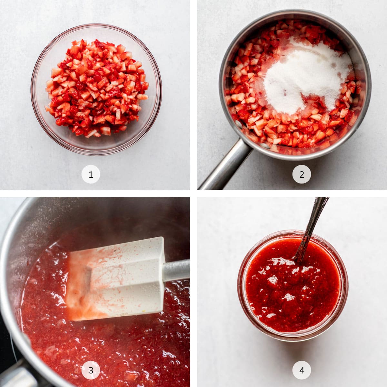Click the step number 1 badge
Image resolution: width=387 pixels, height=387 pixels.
[x=91, y=174]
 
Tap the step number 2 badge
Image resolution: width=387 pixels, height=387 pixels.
[x=302, y=174]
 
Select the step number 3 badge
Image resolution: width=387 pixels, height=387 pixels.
[x=91, y=370]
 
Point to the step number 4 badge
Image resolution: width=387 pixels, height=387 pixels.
[x=302, y=370]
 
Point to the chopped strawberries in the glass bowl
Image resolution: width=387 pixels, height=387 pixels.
[x=97, y=87]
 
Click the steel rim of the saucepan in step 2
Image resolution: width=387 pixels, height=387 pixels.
[x=368, y=84]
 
